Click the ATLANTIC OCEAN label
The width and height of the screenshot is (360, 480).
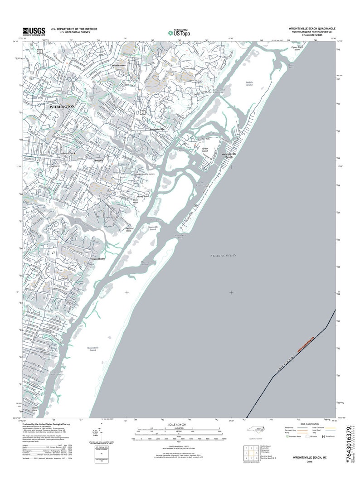(223, 256)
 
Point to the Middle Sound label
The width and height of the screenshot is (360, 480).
(249, 84)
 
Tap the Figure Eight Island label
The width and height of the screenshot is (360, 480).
(296, 48)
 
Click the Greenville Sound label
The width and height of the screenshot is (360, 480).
(156, 228)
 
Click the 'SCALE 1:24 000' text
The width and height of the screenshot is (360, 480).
(180, 424)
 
